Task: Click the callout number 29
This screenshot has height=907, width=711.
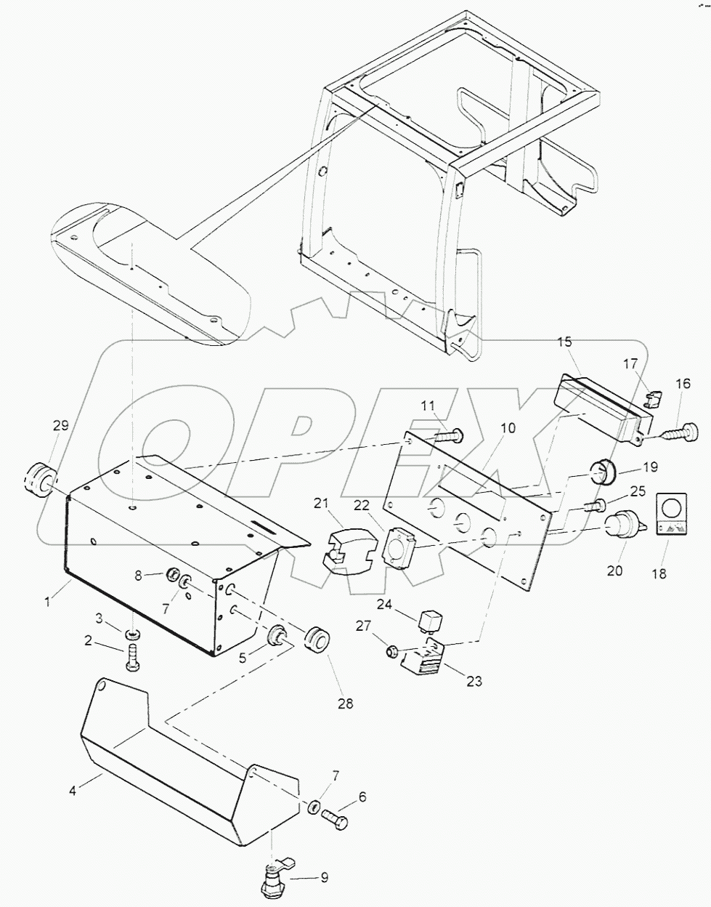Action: coord(60,426)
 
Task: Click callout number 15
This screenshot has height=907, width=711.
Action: coord(564,343)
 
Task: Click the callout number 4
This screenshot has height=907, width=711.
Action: coord(73,790)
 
